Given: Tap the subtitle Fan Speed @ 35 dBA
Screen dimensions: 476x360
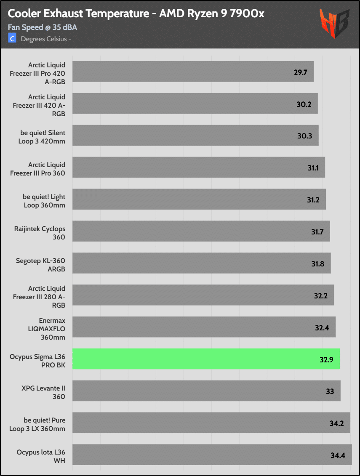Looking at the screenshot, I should [43, 28].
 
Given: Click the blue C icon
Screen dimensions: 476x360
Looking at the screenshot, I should [12, 39].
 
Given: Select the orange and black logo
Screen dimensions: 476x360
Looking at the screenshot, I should [334, 24].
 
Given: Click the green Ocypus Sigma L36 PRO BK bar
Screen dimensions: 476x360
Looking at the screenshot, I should [206, 359].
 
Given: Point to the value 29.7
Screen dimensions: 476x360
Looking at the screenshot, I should [301, 72].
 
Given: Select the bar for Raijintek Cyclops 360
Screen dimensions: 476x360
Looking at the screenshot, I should [201, 231].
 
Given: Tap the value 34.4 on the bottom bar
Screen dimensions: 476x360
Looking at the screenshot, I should [337, 455].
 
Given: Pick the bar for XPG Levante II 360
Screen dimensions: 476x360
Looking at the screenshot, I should [206, 391].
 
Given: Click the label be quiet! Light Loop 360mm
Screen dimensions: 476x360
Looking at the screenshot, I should [44, 201].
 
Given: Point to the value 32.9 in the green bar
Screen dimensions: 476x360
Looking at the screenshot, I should [326, 360].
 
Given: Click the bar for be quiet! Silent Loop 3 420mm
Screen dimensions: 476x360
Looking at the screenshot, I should [195, 135].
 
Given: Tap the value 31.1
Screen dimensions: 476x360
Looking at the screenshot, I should [313, 168].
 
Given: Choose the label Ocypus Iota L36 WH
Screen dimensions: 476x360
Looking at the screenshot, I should [41, 456].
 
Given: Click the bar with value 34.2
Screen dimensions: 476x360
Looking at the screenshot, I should [211, 423].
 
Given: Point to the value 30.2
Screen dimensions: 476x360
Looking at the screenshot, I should [304, 104].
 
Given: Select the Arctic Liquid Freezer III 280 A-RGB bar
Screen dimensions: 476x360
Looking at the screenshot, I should [203, 295].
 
